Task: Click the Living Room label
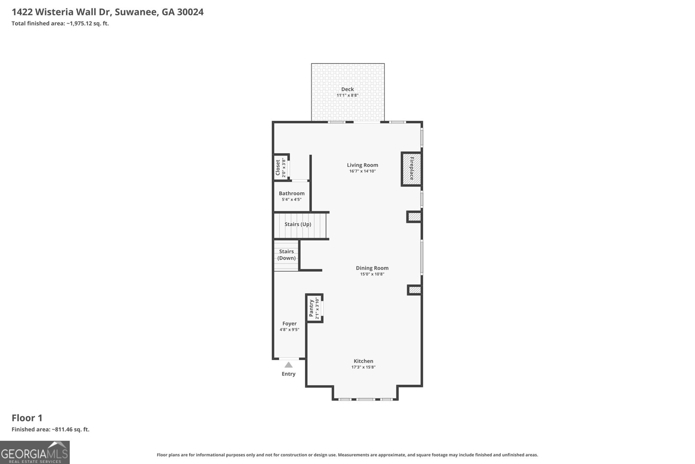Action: pyautogui.click(x=362, y=165)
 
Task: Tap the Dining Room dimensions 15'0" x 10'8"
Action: pyautogui.click(x=372, y=274)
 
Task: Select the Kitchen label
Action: pyautogui.click(x=363, y=361)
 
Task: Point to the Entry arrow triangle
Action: pyautogui.click(x=288, y=365)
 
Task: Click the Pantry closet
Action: pyautogui.click(x=314, y=308)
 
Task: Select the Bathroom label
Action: pyautogui.click(x=291, y=193)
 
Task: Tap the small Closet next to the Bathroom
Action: pyautogui.click(x=281, y=167)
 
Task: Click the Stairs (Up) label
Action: pyautogui.click(x=298, y=224)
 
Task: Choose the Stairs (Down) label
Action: pyautogui.click(x=286, y=255)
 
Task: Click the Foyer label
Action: pyautogui.click(x=289, y=324)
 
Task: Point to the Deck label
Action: pyautogui.click(x=347, y=89)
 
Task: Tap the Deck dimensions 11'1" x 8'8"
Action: pyautogui.click(x=347, y=95)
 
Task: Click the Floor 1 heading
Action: pyautogui.click(x=27, y=418)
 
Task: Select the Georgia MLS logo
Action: pyautogui.click(x=35, y=452)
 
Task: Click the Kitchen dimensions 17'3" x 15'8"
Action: pyautogui.click(x=363, y=367)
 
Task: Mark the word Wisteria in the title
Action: pyautogui.click(x=53, y=12)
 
